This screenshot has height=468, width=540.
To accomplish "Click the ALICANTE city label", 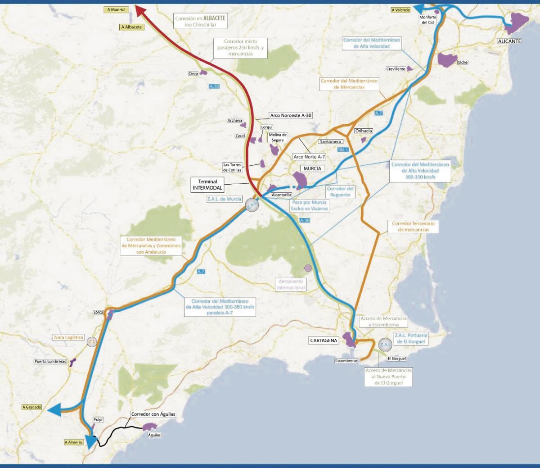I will [509, 41].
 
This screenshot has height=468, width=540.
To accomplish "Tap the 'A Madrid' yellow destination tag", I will [116, 9].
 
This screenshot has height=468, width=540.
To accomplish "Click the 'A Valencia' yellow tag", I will [400, 10].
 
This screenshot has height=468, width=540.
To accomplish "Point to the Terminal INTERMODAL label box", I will [207, 185].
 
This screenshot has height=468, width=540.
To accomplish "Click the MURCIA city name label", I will [312, 168].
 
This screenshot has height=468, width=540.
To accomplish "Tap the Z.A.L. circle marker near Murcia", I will [252, 205].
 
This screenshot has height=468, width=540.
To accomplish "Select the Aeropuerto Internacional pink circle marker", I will [308, 268].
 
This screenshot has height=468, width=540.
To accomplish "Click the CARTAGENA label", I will [324, 341].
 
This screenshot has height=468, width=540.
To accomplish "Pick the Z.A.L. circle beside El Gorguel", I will [386, 345].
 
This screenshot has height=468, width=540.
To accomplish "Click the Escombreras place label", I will [346, 361].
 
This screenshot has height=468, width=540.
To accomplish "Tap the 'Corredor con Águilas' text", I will [153, 414].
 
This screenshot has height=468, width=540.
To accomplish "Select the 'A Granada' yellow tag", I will [31, 407].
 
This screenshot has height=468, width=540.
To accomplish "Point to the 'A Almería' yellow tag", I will [73, 442].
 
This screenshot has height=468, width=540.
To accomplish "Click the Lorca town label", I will [98, 312].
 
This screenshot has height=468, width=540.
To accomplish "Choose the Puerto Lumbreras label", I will [50, 361].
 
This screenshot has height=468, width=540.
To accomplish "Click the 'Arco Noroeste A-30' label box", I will [291, 115].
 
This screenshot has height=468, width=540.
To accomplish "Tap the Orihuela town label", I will [364, 131].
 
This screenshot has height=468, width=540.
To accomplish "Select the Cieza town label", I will [193, 73].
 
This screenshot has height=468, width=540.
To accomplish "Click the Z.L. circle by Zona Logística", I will [92, 342].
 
